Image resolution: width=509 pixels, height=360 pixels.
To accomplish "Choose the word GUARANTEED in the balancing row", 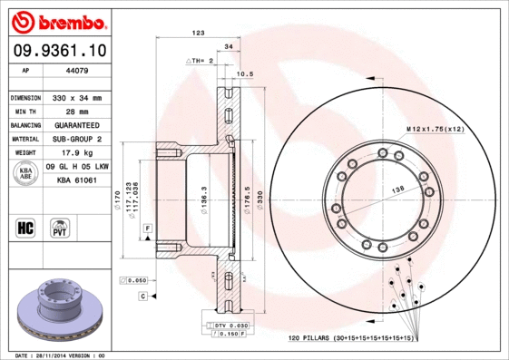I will (79, 124).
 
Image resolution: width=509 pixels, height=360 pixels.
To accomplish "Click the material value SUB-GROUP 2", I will (79, 139).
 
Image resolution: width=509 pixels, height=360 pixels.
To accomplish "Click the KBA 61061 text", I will (77, 180).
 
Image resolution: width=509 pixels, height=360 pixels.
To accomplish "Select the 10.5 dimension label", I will (244, 73).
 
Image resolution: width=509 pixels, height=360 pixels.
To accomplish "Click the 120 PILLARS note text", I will (350, 336).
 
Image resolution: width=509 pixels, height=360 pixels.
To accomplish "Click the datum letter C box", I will (142, 297).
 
